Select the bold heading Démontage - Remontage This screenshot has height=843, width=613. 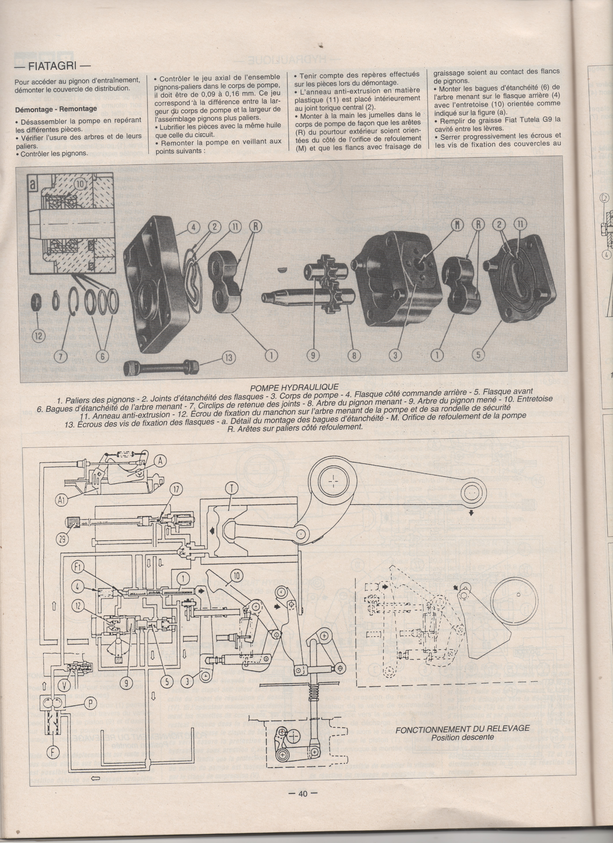[x=56, y=109]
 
